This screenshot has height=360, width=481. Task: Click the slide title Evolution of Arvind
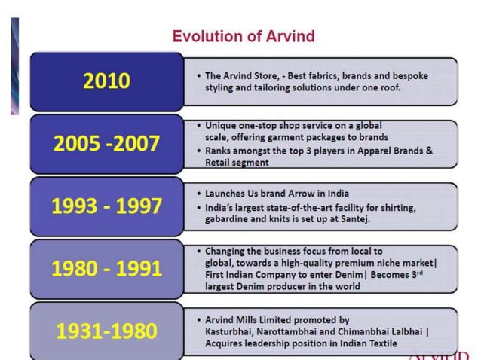coord(244,35)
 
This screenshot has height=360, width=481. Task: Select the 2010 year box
coord(106,81)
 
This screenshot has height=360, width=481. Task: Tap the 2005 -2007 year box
coord(106,143)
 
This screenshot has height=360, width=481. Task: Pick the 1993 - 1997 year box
coord(106,206)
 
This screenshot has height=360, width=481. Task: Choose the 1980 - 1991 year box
coord(106,268)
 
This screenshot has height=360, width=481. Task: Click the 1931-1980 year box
coord(106,330)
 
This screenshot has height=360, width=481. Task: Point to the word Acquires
coord(226,343)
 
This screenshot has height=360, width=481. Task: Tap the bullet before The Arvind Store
coord(198,76)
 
